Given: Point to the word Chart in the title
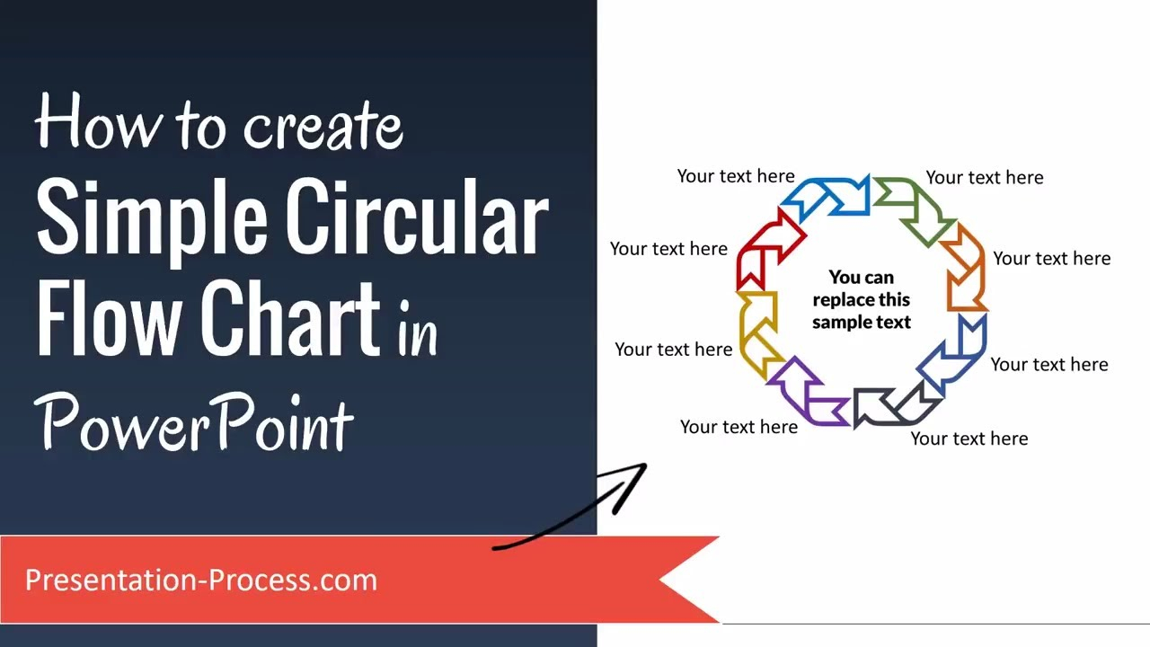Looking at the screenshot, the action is [290, 317].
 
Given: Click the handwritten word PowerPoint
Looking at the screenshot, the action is [194, 422].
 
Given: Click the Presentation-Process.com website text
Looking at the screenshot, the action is [201, 580].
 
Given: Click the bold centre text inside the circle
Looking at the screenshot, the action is [862, 300].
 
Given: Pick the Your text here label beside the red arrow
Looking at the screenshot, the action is [668, 249].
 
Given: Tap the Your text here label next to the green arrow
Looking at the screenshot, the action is [985, 178].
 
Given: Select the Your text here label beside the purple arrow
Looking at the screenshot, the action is [739, 427].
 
